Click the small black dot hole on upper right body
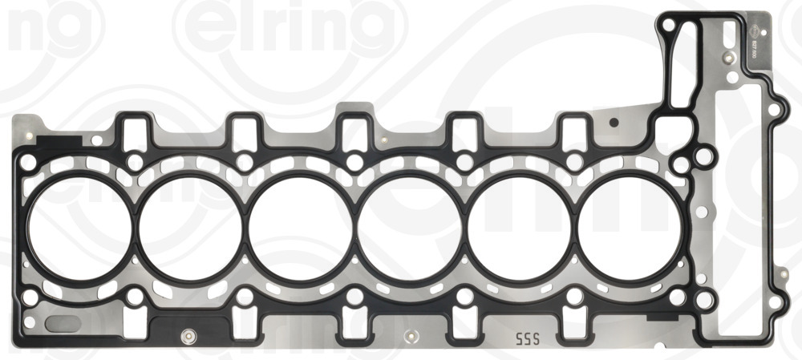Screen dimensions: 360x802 [x=614, y=123]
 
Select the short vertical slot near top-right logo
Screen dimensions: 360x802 [x=728, y=35]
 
